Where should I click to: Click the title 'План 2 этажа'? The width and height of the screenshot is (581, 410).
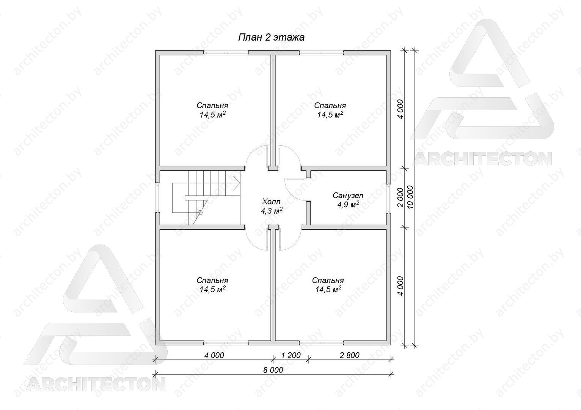[x=271, y=38]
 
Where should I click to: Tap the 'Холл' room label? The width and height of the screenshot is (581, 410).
[x=271, y=202]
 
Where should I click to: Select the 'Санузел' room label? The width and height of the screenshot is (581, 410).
[x=348, y=195]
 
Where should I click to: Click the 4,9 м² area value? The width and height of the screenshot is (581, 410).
[x=348, y=205]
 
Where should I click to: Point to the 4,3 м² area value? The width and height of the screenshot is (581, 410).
[x=272, y=211]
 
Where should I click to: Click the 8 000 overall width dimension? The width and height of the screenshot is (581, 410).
[x=273, y=370]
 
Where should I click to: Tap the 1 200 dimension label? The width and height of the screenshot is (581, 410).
[x=291, y=355]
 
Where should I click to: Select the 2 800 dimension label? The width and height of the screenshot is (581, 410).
[x=350, y=355]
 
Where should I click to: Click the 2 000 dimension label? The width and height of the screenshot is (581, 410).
[x=401, y=197]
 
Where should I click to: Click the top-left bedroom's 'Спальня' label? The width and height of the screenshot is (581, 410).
[x=212, y=106]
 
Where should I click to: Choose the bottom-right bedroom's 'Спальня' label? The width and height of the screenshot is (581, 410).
[x=328, y=281]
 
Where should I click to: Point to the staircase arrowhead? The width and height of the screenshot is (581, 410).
[x=237, y=183]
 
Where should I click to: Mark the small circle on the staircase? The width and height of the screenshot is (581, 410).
[x=200, y=213]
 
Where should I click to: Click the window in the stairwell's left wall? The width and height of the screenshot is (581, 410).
[x=157, y=198]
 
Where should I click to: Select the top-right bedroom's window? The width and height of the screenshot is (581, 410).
[x=322, y=52]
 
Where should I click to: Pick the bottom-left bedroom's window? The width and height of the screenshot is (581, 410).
[x=226, y=343]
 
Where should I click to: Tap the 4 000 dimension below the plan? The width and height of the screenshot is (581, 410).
[x=214, y=355]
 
